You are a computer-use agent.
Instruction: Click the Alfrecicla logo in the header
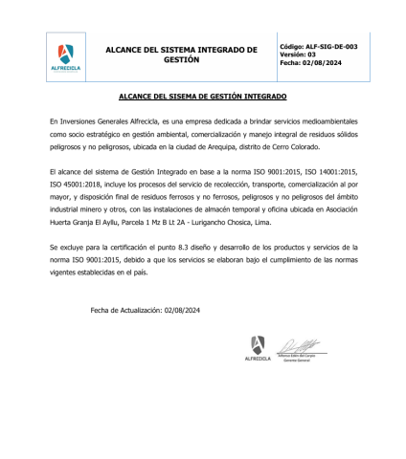(x=64, y=58)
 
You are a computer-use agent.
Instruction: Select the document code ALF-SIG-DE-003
(x=332, y=46)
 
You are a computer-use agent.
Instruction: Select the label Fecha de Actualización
(x=125, y=310)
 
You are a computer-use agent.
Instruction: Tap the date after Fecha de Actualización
(x=182, y=310)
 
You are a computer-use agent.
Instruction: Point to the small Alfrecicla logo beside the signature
(x=257, y=348)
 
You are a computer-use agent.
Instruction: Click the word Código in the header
(x=292, y=46)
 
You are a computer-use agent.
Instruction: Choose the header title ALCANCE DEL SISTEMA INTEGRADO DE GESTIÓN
(x=181, y=54)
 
